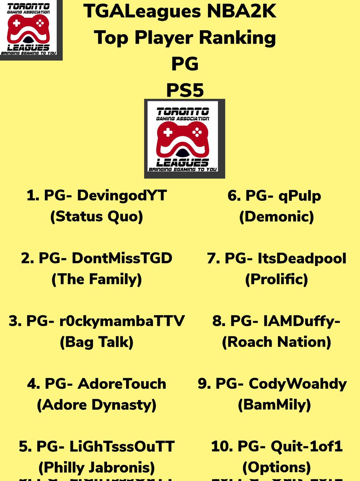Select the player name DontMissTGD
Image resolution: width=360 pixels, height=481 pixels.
122,259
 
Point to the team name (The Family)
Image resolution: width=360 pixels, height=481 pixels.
97,279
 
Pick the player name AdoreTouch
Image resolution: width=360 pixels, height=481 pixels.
122,384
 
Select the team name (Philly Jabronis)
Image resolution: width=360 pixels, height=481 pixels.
97,467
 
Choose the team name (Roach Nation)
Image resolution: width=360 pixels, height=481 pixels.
276,342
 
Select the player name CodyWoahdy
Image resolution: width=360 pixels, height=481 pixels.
298,384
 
